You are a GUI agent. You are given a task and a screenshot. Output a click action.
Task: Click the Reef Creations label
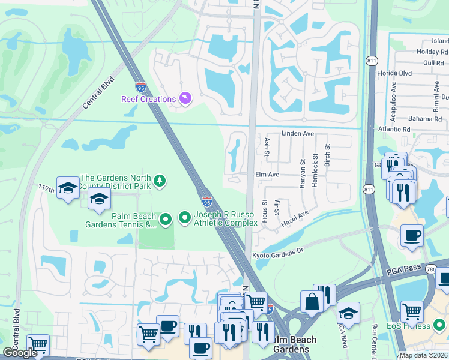(x=148, y=99)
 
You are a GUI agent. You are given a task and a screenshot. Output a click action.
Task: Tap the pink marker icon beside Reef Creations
(x=185, y=99)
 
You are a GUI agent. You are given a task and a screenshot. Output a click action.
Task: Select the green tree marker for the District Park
(x=160, y=180)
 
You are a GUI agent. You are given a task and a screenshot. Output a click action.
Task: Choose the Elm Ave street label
(x=268, y=174)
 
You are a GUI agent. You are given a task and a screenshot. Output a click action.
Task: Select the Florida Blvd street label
(x=411, y=73)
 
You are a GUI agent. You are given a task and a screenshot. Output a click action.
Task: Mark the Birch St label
(x=327, y=155)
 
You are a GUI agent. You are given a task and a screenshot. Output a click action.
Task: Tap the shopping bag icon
(x=312, y=301)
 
